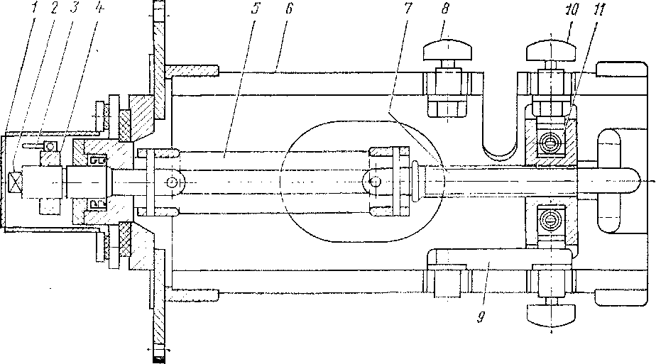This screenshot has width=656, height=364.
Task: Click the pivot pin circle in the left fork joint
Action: coord(172,182)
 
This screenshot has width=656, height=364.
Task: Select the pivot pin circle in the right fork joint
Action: coord(371,182)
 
